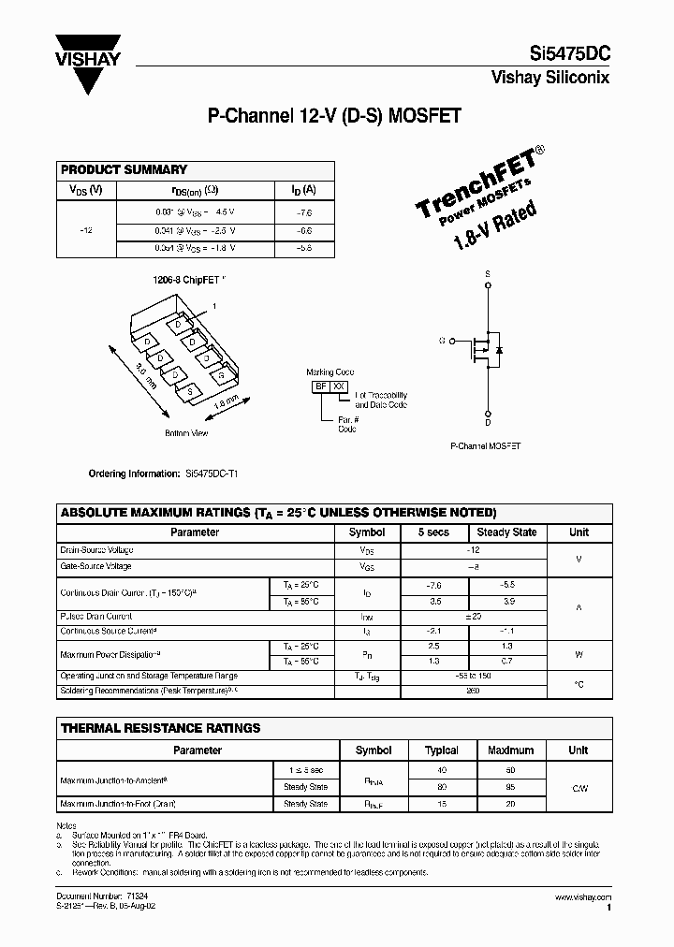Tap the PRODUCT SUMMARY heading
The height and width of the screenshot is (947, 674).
click(124, 169)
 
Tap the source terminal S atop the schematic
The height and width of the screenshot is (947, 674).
click(488, 273)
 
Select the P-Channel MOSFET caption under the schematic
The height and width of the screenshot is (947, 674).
click(486, 447)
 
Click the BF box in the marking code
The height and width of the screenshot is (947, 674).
click(321, 386)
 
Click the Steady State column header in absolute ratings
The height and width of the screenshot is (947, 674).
click(506, 532)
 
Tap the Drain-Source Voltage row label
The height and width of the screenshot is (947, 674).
click(96, 550)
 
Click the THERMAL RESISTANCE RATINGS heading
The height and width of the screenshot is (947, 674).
click(160, 728)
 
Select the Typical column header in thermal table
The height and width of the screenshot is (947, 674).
click(442, 750)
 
